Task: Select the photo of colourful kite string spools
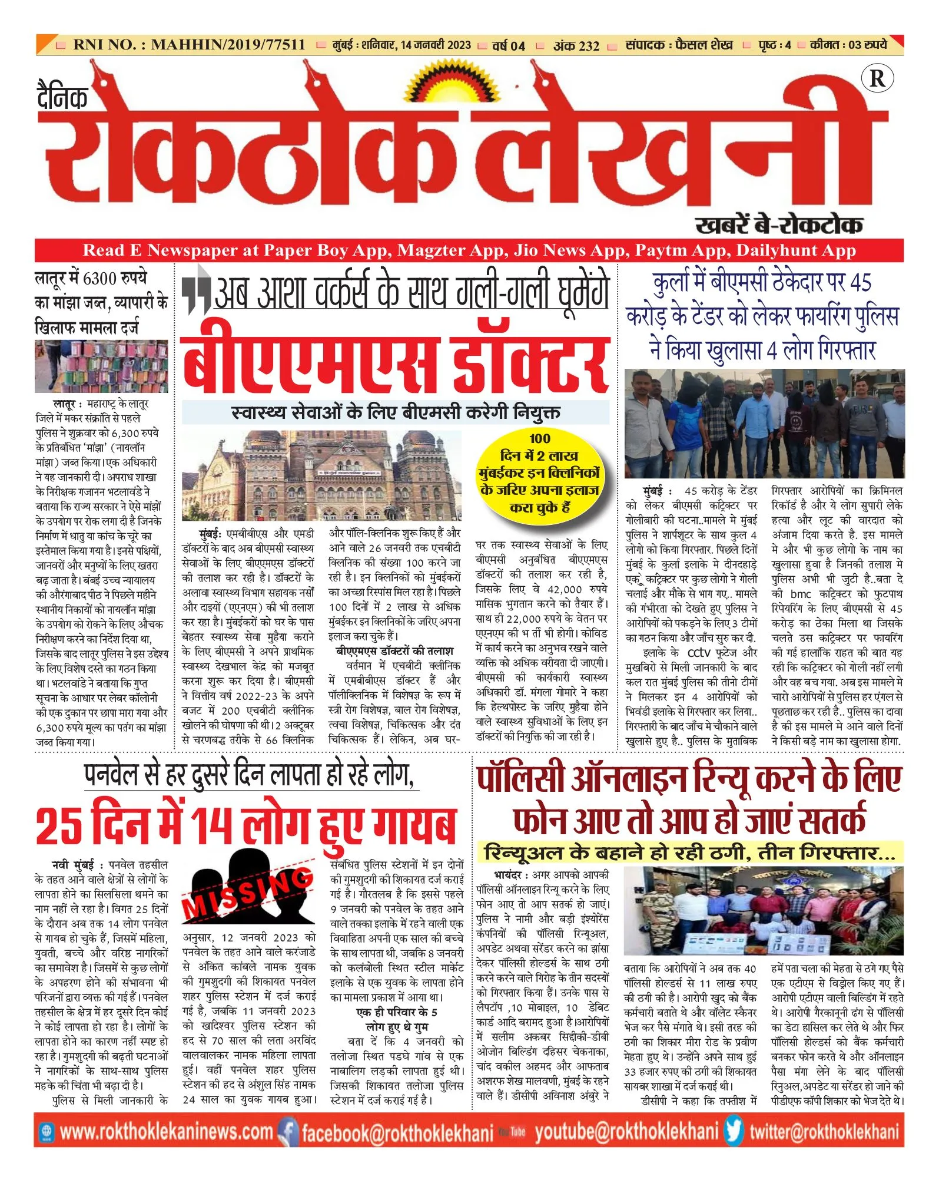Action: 101,366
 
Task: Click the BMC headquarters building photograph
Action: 321,475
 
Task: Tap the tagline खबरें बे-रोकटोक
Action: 779,225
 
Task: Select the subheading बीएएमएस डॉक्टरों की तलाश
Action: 394,650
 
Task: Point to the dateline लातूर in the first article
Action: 64,404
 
